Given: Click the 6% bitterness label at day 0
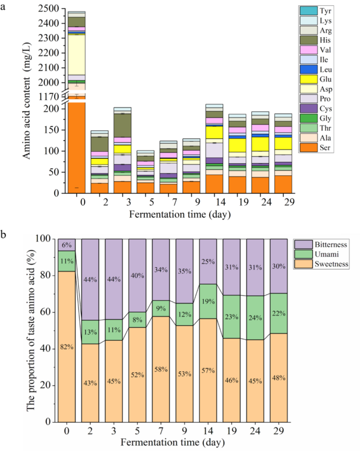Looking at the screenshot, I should (x=66, y=245).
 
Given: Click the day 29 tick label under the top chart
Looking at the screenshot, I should (x=280, y=202).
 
